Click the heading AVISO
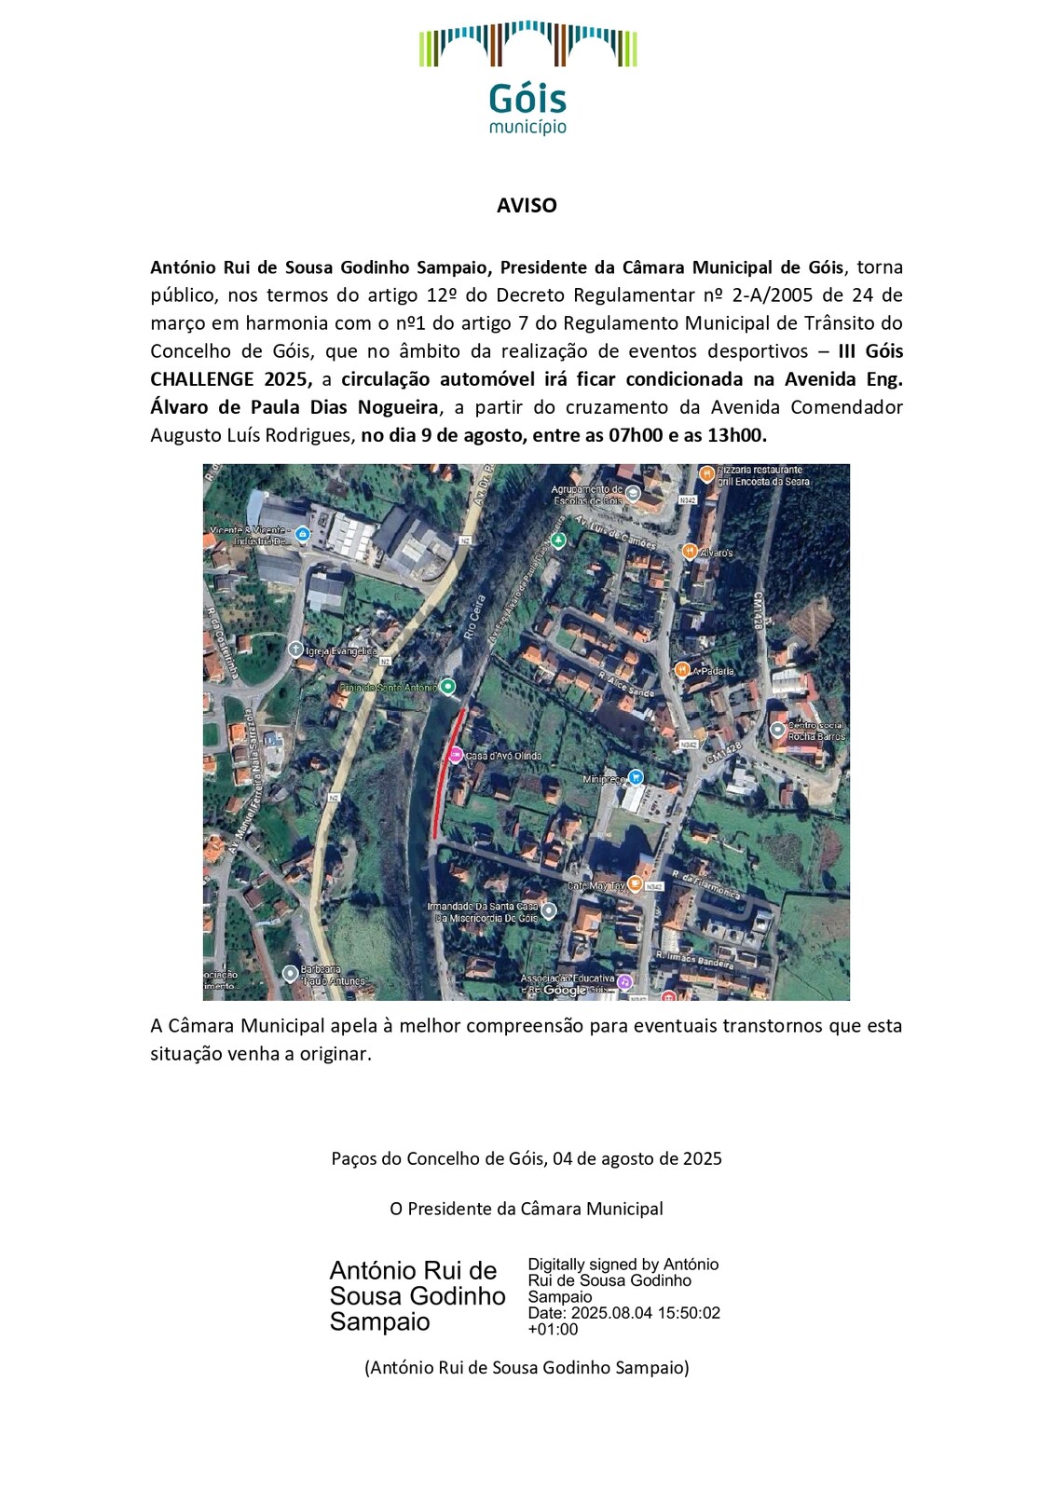527,206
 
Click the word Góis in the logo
527,100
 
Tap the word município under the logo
527,127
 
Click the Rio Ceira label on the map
474,619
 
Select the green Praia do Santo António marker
448,687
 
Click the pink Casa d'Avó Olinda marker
456,755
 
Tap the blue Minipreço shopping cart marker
636,777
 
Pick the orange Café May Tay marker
635,883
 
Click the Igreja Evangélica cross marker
295,650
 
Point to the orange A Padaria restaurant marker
682,670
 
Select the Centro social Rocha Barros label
815,731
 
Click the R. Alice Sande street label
626,684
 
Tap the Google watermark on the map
565,990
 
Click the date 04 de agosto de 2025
637,1158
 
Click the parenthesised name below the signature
527,1368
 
